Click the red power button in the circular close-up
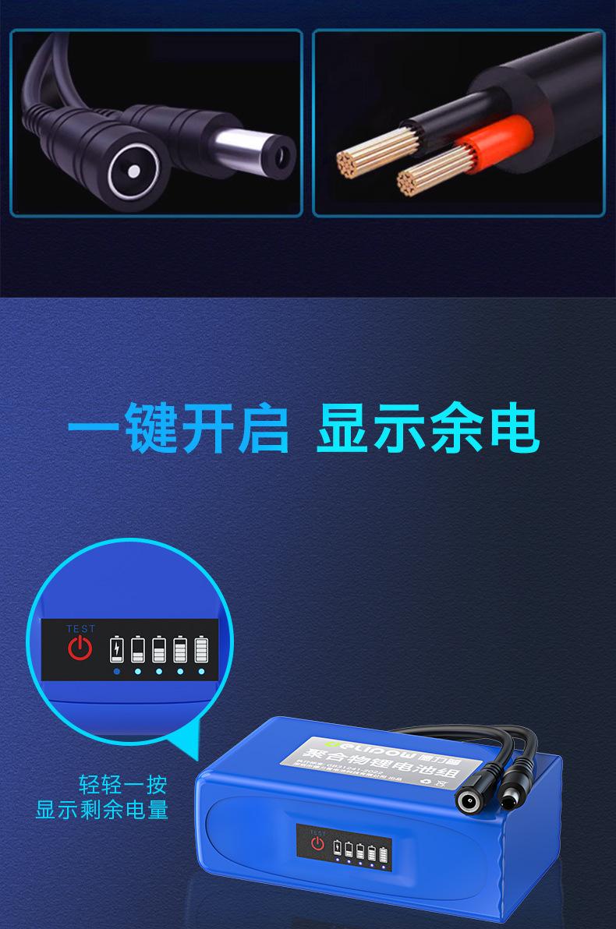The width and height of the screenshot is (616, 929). pyautogui.click(x=80, y=648)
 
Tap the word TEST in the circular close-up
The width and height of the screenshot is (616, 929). pyautogui.click(x=80, y=629)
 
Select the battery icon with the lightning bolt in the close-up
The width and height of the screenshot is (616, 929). pyautogui.click(x=116, y=649)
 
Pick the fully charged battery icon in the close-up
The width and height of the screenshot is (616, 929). pyautogui.click(x=202, y=649)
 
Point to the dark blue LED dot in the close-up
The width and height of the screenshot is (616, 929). pyautogui.click(x=116, y=671)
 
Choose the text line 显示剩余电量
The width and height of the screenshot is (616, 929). pyautogui.click(x=102, y=810)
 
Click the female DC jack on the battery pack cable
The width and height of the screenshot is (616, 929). pyautogui.click(x=470, y=800)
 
